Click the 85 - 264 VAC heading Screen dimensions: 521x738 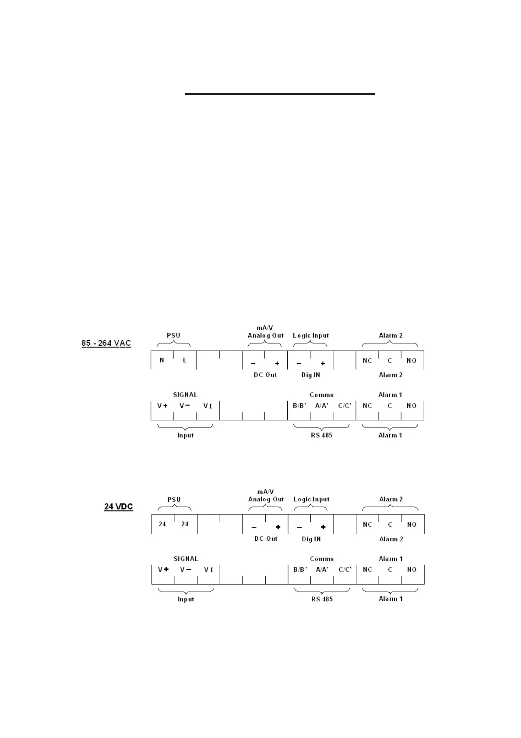tap(106, 343)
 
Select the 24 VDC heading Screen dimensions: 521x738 tap(118, 507)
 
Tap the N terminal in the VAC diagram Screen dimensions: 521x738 tap(162, 360)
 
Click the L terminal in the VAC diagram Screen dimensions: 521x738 tap(185, 360)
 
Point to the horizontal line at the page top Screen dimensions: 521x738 tap(280, 94)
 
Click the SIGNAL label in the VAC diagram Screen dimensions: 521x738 tap(185, 395)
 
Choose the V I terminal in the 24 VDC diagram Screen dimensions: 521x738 tap(209, 570)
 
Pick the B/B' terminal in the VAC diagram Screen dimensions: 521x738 tap(300, 406)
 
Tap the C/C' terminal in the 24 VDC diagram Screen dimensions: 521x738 tap(345, 570)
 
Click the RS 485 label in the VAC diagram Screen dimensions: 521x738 tap(322, 435)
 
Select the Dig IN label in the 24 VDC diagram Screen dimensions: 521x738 tap(311, 539)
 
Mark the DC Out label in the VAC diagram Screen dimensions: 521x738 tap(265, 375)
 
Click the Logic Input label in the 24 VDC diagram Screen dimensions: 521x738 tap(311, 499)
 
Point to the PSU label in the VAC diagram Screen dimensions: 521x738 tap(173, 335)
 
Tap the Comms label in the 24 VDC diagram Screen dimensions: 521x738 tap(322, 559)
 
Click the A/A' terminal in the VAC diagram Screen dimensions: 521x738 tap(322, 406)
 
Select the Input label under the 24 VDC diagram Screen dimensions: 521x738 tap(186, 599)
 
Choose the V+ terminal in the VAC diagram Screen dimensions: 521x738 tap(162, 406)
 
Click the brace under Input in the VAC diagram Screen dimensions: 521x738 tap(185, 427)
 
